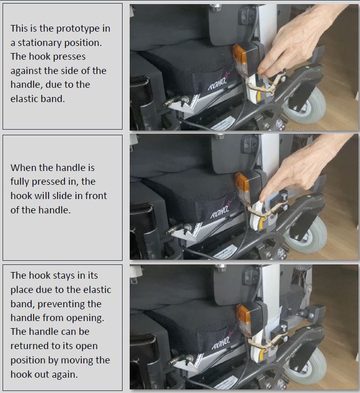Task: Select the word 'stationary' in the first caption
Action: click(x=37, y=42)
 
